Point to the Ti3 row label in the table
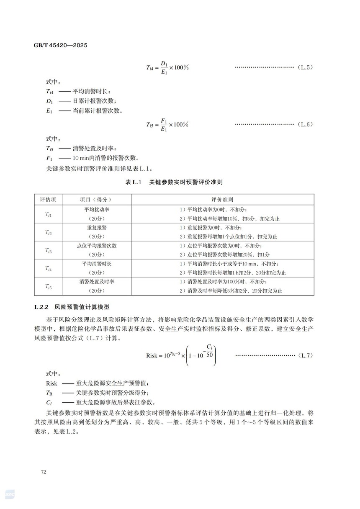[48, 250]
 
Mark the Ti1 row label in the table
[48, 214]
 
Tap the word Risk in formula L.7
[152, 355]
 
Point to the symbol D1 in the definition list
[49, 101]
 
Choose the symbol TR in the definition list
[49, 393]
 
